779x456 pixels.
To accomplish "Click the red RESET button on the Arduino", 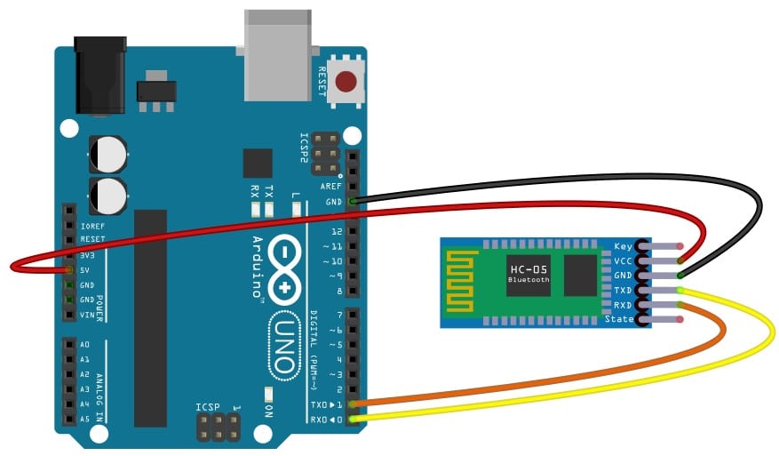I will click(x=346, y=84).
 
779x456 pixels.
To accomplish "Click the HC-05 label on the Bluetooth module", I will click(x=529, y=268).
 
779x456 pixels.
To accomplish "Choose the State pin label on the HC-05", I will click(x=619, y=319).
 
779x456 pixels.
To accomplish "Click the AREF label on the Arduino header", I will click(x=331, y=187).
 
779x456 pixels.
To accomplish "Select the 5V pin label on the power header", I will click(x=84, y=270).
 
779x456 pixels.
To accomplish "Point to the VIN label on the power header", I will click(x=86, y=315).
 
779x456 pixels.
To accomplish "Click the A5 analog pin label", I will click(x=84, y=418).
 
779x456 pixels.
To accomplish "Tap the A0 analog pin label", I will click(x=84, y=344).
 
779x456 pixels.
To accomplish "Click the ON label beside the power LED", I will click(x=268, y=411).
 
